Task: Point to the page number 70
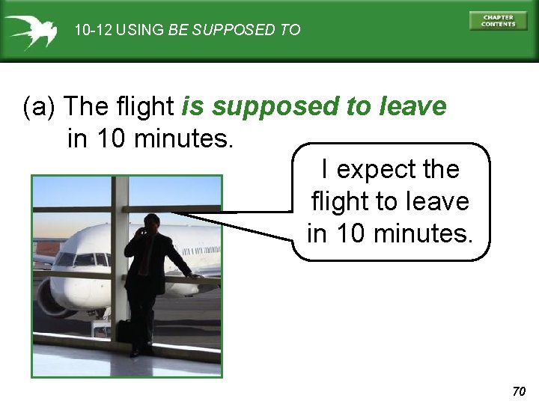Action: click(x=520, y=391)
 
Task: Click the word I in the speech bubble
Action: click(x=324, y=169)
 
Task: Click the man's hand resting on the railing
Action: click(x=196, y=275)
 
